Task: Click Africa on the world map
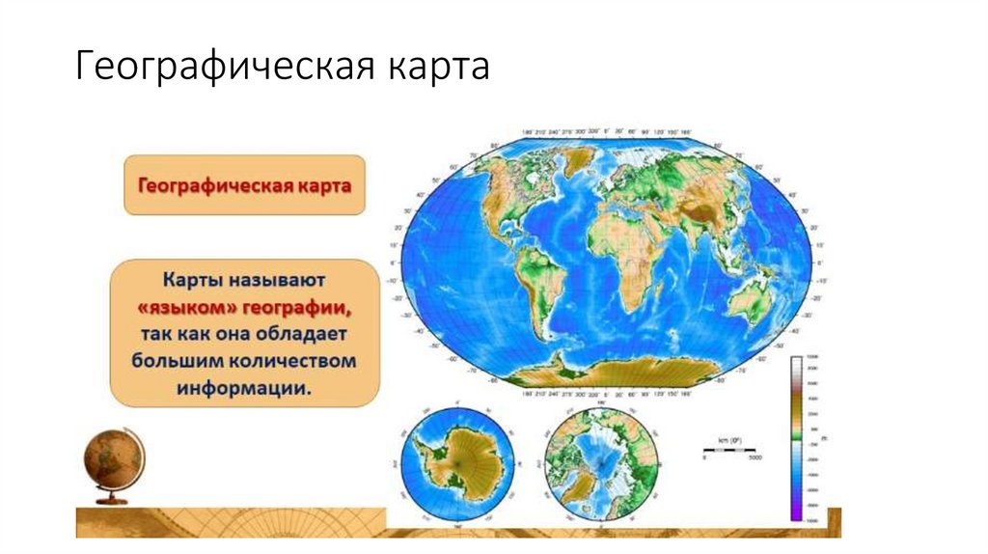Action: [627, 261]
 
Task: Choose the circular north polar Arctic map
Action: [600, 465]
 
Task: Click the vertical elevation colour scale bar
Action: [796, 438]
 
